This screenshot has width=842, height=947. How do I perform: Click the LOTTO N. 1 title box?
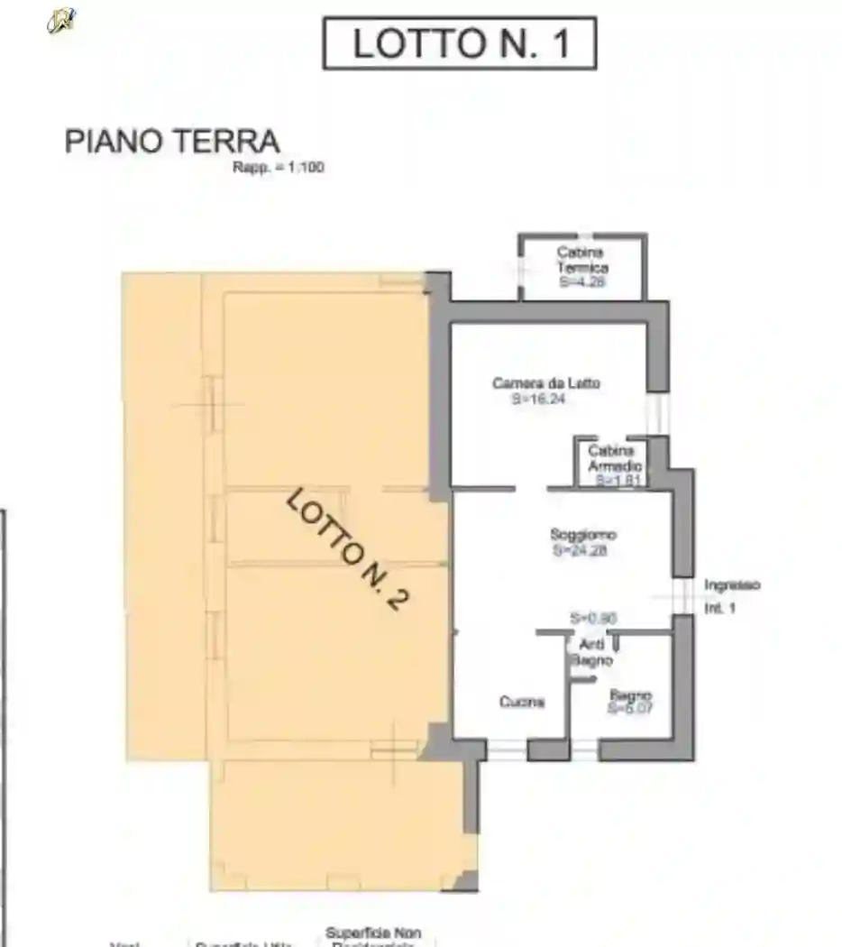tap(459, 43)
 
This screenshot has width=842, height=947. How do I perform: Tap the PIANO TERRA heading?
tap(172, 142)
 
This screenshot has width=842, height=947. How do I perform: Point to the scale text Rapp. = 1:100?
tap(279, 168)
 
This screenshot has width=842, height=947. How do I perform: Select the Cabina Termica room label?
tap(581, 260)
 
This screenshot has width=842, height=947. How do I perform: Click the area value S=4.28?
tap(581, 281)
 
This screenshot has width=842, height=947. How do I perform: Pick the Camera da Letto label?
tap(546, 383)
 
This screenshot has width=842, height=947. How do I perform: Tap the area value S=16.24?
tap(538, 399)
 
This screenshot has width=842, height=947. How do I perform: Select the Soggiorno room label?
tap(583, 535)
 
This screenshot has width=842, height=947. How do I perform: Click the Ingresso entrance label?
tap(732, 584)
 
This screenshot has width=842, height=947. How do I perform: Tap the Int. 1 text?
tap(720, 609)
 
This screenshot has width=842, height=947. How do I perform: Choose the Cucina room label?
tap(522, 702)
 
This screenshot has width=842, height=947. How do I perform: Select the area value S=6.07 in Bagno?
tap(630, 709)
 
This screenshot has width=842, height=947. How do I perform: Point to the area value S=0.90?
tap(593, 618)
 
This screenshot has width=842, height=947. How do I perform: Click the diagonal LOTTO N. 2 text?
tap(343, 549)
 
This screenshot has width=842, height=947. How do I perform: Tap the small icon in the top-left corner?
tap(61, 19)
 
